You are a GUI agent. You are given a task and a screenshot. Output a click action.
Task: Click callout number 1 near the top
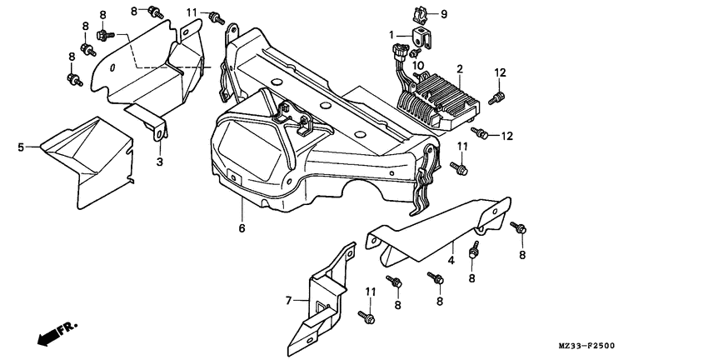tap(390, 35)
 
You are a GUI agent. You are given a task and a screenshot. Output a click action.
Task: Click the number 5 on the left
tap(21, 147)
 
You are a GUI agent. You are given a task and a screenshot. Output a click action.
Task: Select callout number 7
tap(289, 299)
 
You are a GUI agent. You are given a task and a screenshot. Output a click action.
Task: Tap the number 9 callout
tap(443, 14)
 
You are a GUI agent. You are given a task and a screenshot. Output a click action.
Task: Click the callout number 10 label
tap(418, 65)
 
